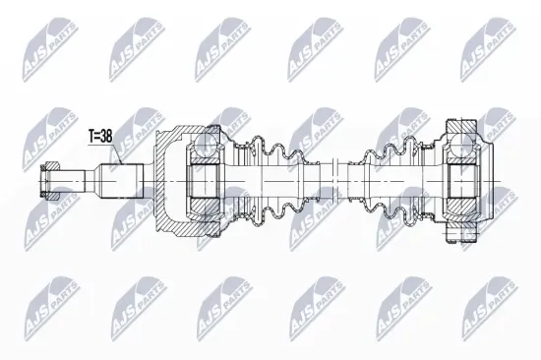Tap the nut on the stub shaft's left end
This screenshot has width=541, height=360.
[x=51, y=181]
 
